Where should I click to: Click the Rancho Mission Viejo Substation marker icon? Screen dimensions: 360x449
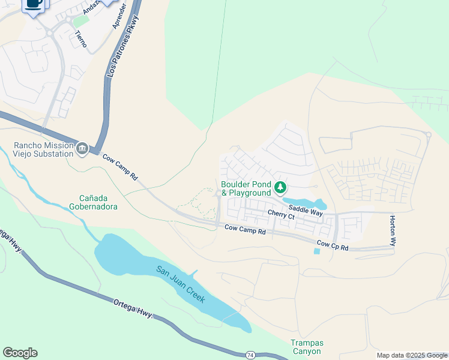[82, 148]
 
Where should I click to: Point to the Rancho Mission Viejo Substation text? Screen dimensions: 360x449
[44, 149]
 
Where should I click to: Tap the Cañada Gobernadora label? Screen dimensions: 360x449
[98, 202]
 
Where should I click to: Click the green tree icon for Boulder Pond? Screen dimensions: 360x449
[280, 188]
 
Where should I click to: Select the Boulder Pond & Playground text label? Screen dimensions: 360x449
[246, 188]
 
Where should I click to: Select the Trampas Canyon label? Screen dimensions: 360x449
[306, 347]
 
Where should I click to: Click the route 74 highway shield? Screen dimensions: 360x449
[250, 355]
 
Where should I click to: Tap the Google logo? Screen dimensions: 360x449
[20, 353]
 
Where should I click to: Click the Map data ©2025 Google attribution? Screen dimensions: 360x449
[412, 355]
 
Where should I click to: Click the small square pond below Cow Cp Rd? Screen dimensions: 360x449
[317, 251]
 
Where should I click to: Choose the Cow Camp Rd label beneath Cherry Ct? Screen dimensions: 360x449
[245, 229]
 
